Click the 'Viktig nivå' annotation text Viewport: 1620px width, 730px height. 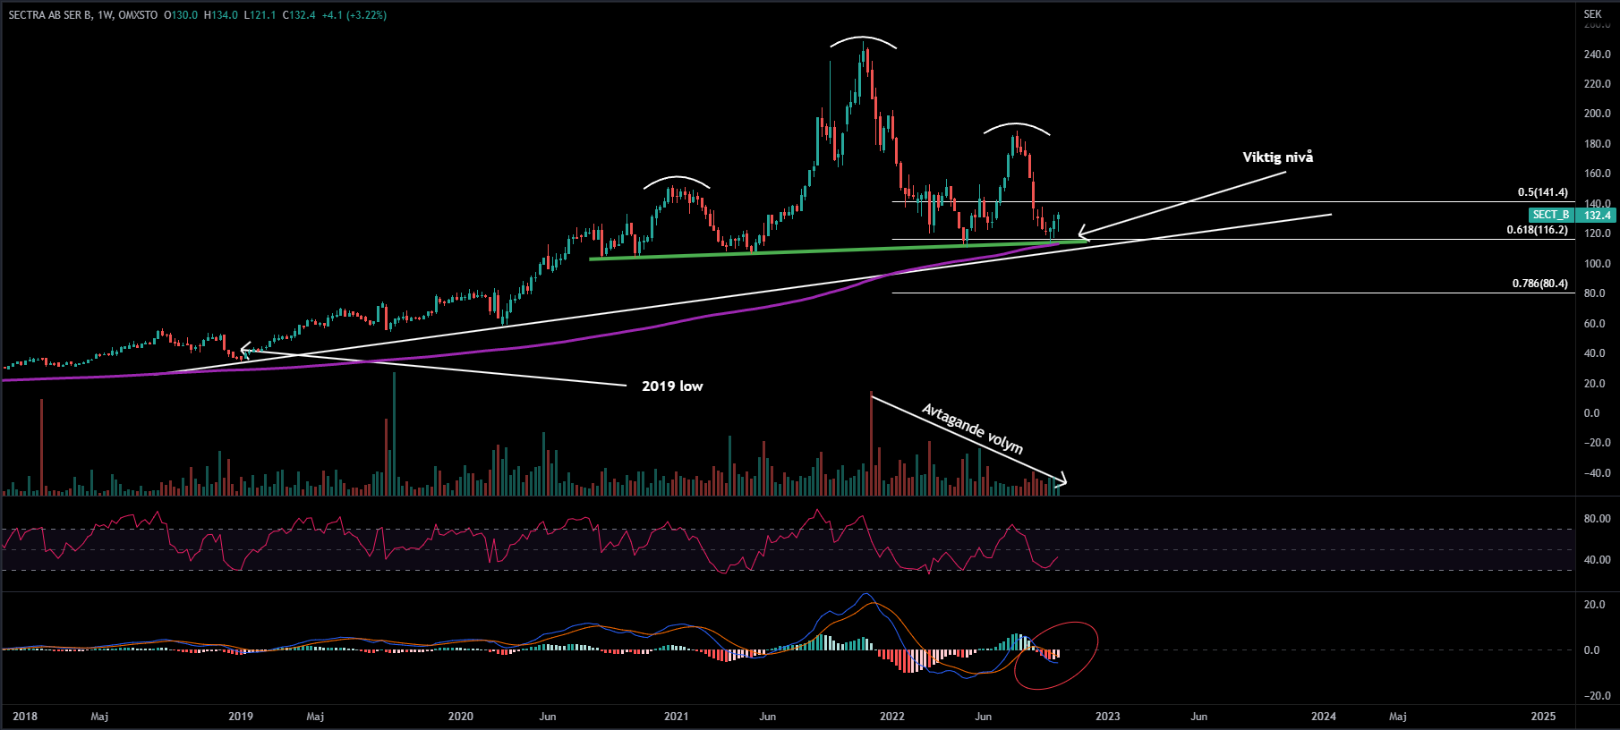click(x=1277, y=157)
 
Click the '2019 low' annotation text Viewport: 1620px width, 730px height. click(x=672, y=386)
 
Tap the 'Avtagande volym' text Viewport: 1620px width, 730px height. click(x=972, y=429)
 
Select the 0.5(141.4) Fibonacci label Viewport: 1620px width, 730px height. click(x=1542, y=192)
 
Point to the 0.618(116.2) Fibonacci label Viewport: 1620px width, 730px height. click(x=1537, y=230)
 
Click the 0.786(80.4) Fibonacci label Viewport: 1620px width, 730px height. click(x=1539, y=284)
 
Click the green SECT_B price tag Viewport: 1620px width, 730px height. click(x=1551, y=215)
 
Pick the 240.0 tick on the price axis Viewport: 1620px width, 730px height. click(x=1597, y=55)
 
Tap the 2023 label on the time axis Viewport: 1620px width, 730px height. click(x=1107, y=717)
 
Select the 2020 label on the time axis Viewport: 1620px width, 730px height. click(x=460, y=717)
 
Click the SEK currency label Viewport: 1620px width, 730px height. click(x=1592, y=14)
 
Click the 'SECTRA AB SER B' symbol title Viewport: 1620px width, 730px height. click(x=50, y=15)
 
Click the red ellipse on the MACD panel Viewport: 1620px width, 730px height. click(x=1056, y=656)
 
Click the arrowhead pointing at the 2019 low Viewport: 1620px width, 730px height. click(x=243, y=351)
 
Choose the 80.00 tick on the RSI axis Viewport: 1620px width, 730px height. click(x=1597, y=519)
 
